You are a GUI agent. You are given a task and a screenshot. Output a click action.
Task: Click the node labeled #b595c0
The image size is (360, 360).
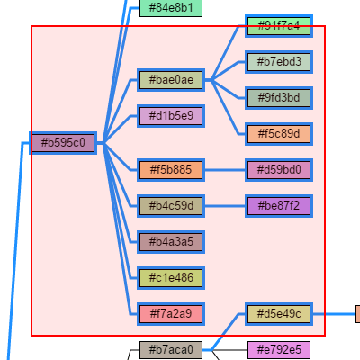tap(63, 143)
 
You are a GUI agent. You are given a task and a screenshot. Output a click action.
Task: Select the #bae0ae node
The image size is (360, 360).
tap(171, 80)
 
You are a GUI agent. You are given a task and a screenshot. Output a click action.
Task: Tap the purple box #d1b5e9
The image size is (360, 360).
tap(171, 116)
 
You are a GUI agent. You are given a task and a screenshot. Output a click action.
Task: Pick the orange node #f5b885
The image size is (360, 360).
tap(171, 170)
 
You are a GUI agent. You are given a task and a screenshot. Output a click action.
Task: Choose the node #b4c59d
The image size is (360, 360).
tap(171, 206)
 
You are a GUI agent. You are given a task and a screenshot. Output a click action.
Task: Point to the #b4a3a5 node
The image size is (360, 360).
tap(171, 242)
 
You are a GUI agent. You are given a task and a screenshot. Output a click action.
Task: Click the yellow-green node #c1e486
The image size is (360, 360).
tap(171, 278)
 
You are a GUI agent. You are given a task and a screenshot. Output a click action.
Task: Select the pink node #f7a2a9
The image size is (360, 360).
tap(171, 314)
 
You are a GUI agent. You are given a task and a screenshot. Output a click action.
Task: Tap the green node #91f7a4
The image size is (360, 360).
tap(279, 26)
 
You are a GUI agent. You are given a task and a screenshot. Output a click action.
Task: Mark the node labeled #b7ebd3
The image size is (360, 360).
tap(279, 62)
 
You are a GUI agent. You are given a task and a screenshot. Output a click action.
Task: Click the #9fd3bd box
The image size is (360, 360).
tap(279, 98)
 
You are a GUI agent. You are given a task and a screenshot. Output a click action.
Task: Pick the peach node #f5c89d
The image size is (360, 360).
tap(279, 134)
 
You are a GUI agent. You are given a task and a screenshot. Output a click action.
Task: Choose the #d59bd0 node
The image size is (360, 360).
tap(279, 170)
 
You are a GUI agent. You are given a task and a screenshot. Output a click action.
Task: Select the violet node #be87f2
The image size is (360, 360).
tap(279, 206)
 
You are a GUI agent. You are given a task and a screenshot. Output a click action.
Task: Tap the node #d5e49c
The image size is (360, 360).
tap(279, 314)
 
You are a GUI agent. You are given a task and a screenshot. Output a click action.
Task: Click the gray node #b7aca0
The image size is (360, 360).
tap(171, 349)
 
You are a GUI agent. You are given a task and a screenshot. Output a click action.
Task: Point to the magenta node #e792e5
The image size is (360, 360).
tap(279, 349)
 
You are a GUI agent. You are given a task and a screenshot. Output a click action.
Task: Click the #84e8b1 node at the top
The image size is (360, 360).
tap(171, 8)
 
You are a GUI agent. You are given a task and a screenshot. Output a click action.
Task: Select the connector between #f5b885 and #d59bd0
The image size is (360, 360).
tap(225, 170)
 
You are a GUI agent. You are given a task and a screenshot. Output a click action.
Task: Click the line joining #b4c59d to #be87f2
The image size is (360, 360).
tap(225, 206)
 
